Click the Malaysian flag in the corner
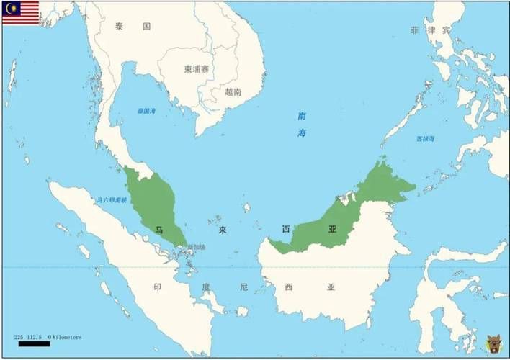[20, 12]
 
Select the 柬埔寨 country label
[197, 69]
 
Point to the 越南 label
[233, 91]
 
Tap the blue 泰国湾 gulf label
[146, 111]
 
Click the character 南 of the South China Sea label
[302, 116]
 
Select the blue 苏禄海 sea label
[425, 138]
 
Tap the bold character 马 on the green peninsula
[158, 229]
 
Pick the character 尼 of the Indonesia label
[243, 287]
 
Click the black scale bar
[33, 344]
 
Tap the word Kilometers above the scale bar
[66, 337]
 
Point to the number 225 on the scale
[19, 337]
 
